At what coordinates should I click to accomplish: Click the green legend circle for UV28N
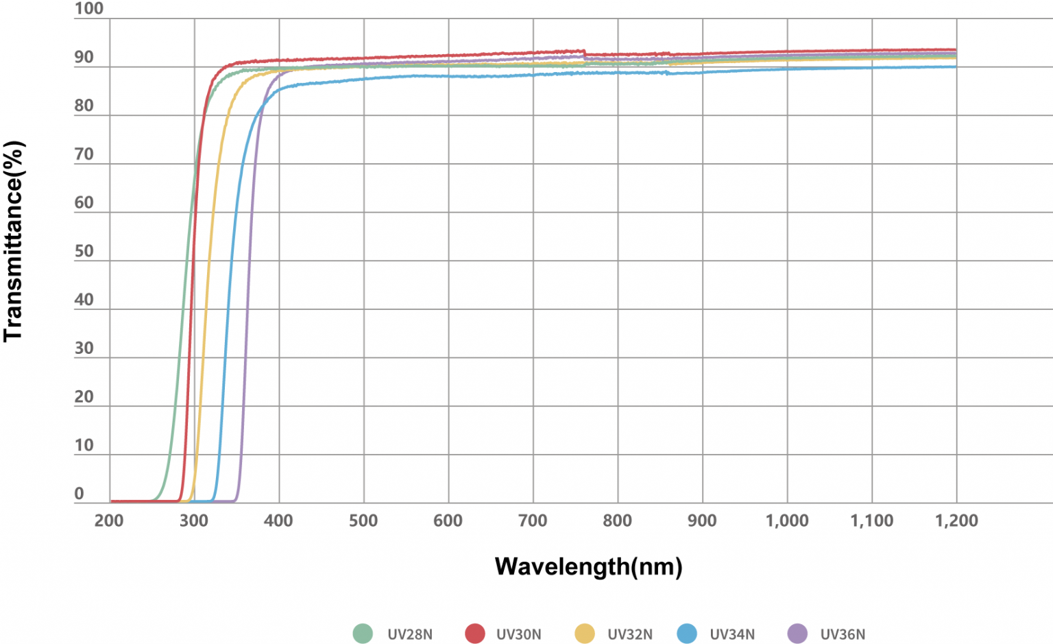click(x=363, y=634)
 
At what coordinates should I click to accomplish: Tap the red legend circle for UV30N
click(x=475, y=634)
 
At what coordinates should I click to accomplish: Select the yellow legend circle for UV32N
click(x=585, y=634)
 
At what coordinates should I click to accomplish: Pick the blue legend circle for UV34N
click(x=687, y=634)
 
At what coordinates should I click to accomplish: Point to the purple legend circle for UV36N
click(x=797, y=634)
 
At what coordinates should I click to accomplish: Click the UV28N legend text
click(x=410, y=634)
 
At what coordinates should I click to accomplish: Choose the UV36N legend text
click(x=843, y=634)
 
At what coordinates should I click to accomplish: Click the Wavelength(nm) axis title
click(x=588, y=567)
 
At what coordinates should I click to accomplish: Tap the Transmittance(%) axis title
click(x=14, y=241)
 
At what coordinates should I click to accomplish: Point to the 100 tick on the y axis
click(x=89, y=9)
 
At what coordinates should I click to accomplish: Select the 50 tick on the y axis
click(x=84, y=251)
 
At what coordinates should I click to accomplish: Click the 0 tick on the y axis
click(x=80, y=493)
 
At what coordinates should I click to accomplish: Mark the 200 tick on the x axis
click(x=109, y=521)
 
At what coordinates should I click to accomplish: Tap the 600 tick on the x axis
click(x=448, y=521)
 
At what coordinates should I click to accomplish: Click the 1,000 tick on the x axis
click(x=787, y=521)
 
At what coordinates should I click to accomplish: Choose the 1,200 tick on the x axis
click(x=956, y=521)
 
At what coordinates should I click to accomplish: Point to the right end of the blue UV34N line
click(x=956, y=67)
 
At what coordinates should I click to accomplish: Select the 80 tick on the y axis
click(x=84, y=106)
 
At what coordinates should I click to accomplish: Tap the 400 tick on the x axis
click(x=278, y=521)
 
